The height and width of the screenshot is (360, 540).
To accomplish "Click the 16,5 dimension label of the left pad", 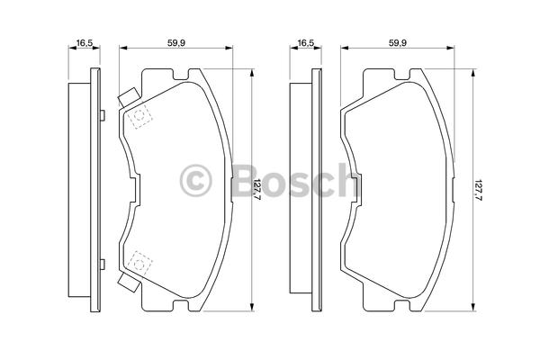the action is tap(85, 43).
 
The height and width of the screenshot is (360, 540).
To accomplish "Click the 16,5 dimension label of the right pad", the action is tap(306, 43).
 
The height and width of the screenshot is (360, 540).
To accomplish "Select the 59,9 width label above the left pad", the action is tap(176, 43).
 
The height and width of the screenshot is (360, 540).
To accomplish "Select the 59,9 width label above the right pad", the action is tap(398, 43).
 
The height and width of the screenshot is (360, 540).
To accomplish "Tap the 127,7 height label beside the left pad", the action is tap(258, 190).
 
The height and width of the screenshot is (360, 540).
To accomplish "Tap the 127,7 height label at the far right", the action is tap(479, 190).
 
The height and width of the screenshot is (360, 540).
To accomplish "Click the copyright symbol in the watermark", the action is tap(195, 180).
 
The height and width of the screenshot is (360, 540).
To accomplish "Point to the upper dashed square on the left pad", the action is tap(139, 116).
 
